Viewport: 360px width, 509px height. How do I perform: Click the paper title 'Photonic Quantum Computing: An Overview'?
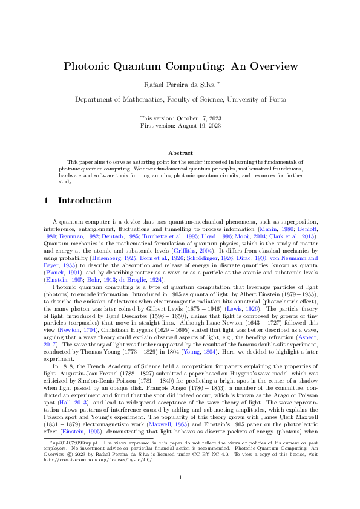180,66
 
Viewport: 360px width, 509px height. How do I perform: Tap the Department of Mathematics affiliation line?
180,99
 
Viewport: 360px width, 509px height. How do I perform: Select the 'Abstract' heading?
180,154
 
